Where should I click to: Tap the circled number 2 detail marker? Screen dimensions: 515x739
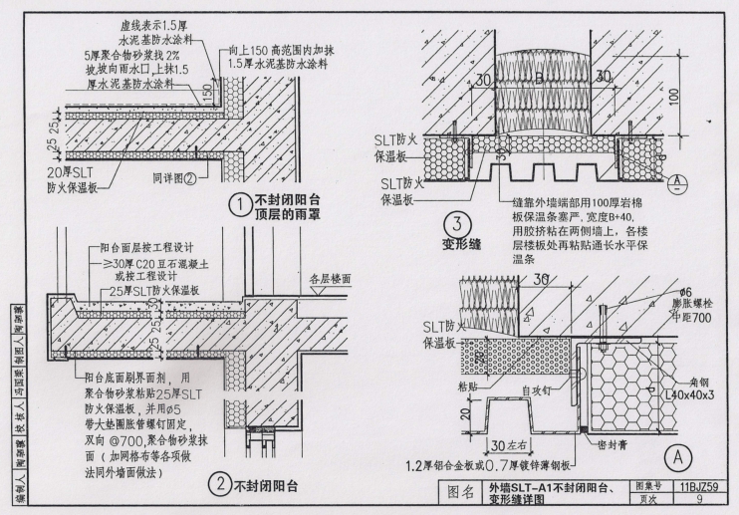point(217,485)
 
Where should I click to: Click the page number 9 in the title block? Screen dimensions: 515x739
point(699,501)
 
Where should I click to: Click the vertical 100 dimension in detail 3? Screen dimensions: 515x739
point(675,98)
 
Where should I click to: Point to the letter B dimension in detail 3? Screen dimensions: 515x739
point(539,75)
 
